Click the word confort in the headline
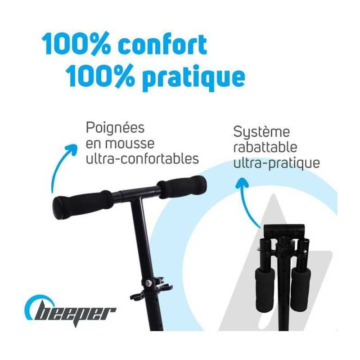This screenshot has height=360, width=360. coord(162,45)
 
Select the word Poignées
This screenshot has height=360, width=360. coord(115,128)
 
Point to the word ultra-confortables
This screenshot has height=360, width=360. coord(142,158)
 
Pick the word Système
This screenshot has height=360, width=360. coord(261,132)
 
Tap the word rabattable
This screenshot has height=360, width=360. coord(265,147)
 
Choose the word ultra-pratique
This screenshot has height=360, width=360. coord(276,163)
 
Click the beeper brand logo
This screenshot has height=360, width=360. coord(70,312)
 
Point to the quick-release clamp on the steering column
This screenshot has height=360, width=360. coord(152,288)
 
